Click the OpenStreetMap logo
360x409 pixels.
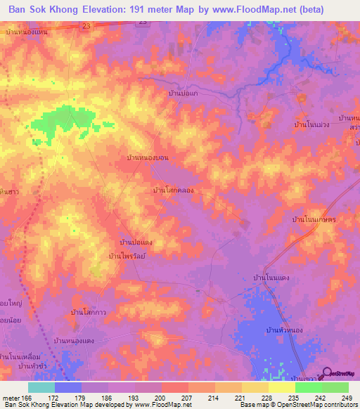point(340,374)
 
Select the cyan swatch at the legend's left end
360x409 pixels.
point(41,387)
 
